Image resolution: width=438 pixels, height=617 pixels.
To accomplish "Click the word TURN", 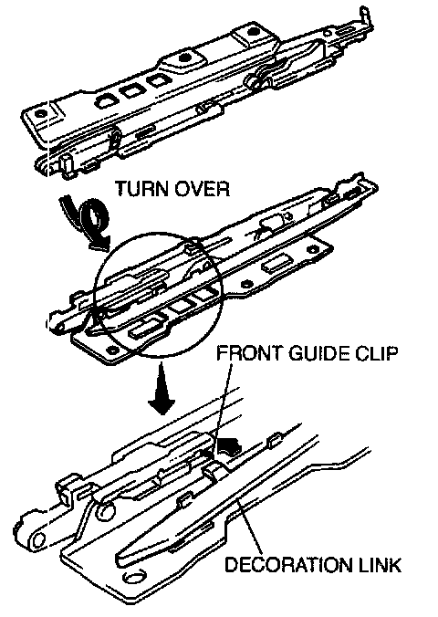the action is (x=141, y=189).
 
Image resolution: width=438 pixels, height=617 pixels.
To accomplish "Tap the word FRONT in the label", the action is (x=250, y=353).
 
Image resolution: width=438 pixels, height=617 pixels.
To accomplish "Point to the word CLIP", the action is (x=376, y=353).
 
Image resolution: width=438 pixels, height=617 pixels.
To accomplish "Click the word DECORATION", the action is (x=287, y=564).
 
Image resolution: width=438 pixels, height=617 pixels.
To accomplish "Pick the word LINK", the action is (x=380, y=564).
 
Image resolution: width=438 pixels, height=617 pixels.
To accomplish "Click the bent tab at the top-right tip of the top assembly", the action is (x=365, y=16).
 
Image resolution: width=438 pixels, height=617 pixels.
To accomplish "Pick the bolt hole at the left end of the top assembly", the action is (x=39, y=114).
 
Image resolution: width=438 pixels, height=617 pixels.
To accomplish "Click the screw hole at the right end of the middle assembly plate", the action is (x=313, y=249).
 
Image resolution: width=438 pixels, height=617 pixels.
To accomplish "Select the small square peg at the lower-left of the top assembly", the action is (x=66, y=163).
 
